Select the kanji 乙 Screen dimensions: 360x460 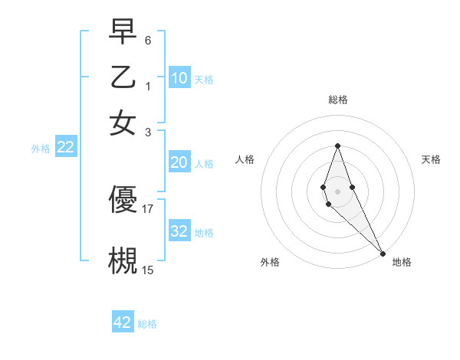[x=123, y=78]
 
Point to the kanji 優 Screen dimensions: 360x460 [x=123, y=200]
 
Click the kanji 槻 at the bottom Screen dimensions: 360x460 [x=123, y=259]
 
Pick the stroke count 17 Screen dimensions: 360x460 [x=148, y=208]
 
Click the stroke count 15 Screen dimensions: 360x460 [x=148, y=269]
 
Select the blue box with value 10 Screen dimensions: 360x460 [x=179, y=78]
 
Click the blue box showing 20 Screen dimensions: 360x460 [x=179, y=162]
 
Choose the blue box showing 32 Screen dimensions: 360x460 [x=179, y=231]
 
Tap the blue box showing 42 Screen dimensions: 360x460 [x=123, y=322]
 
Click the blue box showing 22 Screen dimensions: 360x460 [x=66, y=148]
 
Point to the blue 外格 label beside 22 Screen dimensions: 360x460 [x=41, y=149]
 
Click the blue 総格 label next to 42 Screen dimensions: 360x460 [x=147, y=324]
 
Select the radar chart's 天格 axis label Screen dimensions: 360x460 [x=431, y=159]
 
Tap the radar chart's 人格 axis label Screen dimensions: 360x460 [x=245, y=159]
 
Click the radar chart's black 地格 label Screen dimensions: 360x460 [x=402, y=262]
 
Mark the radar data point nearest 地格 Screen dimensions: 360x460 [x=383, y=254]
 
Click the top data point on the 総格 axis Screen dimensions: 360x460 [x=337, y=146]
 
